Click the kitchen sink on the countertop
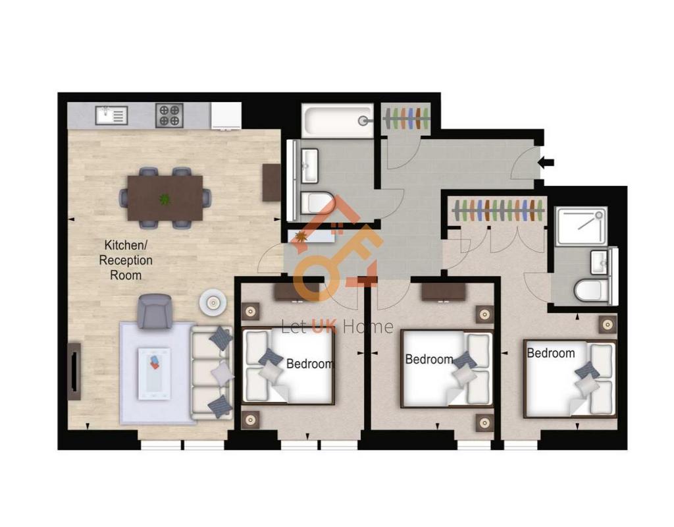tap(111, 115)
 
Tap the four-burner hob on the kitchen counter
tap(169, 115)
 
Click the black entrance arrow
tap(546, 163)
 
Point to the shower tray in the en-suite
tap(581, 227)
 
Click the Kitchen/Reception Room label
tap(126, 260)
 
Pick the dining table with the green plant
tap(165, 198)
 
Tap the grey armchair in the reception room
tap(155, 312)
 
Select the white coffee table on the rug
tap(154, 374)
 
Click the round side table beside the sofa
tap(213, 303)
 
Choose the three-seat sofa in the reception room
tap(211, 373)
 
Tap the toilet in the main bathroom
tap(317, 203)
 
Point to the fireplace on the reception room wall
tap(74, 372)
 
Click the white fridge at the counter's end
tap(226, 116)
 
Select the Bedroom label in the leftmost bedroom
tap(310, 364)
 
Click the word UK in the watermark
tap(324, 327)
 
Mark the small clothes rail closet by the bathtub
tap(406, 119)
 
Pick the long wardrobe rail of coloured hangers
tap(499, 210)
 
